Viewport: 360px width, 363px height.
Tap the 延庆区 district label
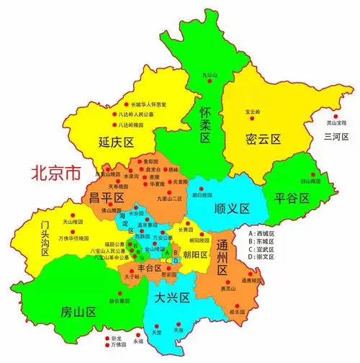click(x=117, y=143)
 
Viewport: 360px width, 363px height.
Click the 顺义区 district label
click(x=231, y=209)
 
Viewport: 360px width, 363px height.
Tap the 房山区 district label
click(x=78, y=313)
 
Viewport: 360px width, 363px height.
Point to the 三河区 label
click(x=336, y=137)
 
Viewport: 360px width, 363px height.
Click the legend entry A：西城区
click(x=261, y=234)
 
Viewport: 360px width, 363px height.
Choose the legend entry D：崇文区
click(x=261, y=257)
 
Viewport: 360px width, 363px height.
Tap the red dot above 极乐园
click(x=253, y=304)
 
